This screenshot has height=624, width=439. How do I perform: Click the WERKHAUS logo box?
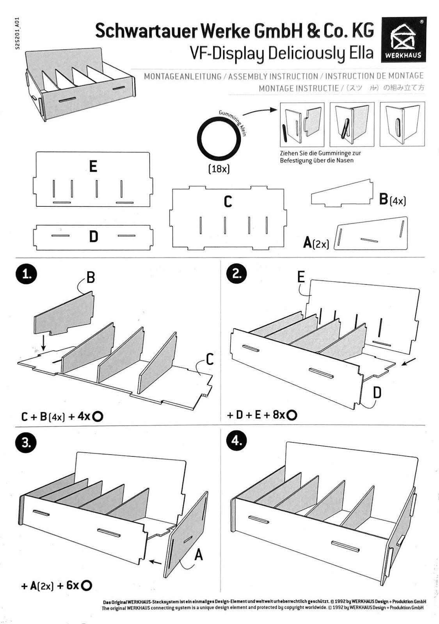[x=403, y=39]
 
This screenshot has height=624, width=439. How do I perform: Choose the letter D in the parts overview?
[x=93, y=237]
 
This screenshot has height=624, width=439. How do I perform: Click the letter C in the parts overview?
[x=228, y=202]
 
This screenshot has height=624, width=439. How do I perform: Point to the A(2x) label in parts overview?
[x=316, y=243]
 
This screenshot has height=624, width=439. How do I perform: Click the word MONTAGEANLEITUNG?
[x=183, y=76]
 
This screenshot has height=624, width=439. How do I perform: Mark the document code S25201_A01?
[x=18, y=34]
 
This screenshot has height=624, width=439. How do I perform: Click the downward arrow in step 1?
[x=43, y=342]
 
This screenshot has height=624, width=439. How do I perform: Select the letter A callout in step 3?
[x=198, y=555]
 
